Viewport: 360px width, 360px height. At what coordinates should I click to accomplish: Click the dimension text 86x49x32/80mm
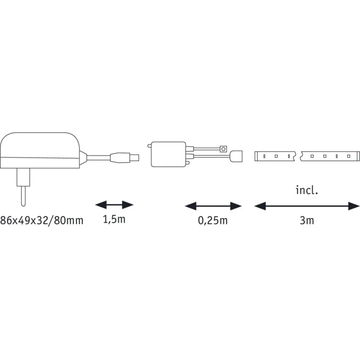pyautogui.click(x=41, y=220)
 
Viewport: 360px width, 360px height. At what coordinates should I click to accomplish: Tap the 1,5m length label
pyautogui.click(x=114, y=219)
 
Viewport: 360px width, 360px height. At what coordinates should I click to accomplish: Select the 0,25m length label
pyautogui.click(x=213, y=220)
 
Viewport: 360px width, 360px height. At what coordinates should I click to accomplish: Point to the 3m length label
pyautogui.click(x=307, y=220)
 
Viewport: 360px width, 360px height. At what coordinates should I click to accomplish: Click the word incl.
pyautogui.click(x=307, y=190)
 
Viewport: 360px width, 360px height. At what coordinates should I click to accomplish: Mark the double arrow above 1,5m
pyautogui.click(x=114, y=204)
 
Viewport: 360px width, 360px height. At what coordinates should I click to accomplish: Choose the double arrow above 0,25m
pyautogui.click(x=213, y=206)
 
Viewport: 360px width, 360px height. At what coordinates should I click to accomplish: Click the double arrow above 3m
pyautogui.click(x=307, y=206)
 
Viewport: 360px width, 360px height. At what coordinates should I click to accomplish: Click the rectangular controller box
pyautogui.click(x=168, y=154)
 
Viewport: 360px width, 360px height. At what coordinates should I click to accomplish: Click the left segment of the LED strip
pyautogui.click(x=275, y=156)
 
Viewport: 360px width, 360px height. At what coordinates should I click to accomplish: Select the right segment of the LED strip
pyautogui.click(x=328, y=156)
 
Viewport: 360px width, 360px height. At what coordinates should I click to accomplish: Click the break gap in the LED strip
pyautogui.click(x=298, y=156)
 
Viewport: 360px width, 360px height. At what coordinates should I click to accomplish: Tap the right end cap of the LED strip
pyautogui.click(x=357, y=156)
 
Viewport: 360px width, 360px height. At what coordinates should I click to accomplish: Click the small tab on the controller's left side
pyautogui.click(x=148, y=145)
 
